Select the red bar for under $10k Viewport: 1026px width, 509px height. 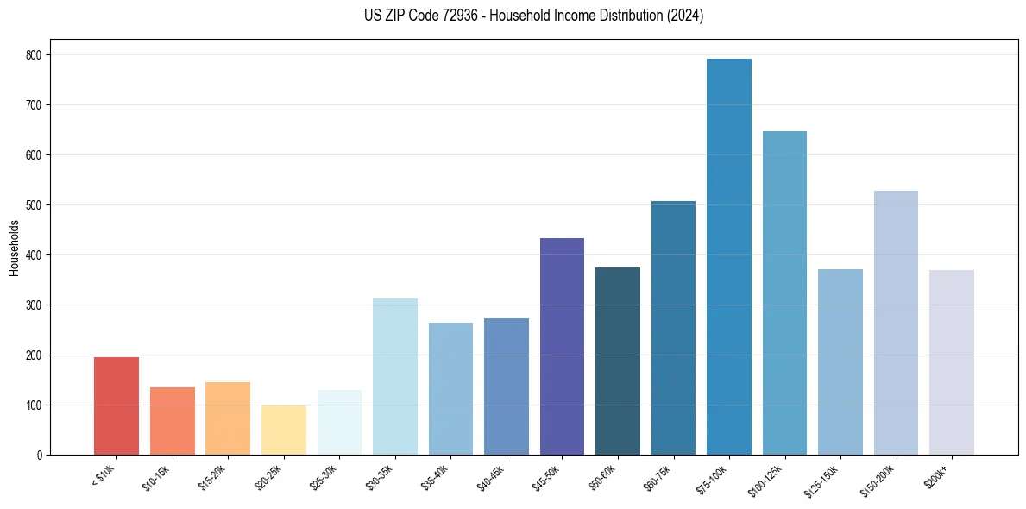click(116, 406)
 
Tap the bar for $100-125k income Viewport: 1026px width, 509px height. click(784, 293)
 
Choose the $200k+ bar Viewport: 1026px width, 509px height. click(951, 362)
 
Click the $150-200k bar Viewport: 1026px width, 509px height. click(896, 323)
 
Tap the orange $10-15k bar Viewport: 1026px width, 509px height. click(173, 421)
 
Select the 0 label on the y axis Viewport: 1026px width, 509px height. click(41, 456)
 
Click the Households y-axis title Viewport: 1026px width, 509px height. click(14, 248)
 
